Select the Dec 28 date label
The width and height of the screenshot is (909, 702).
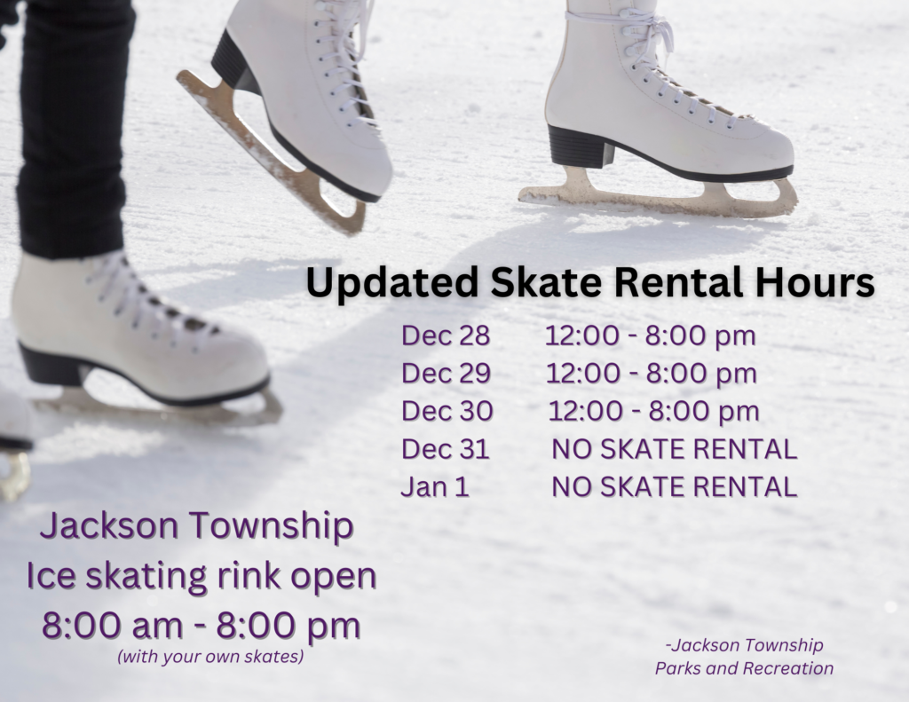pyautogui.click(x=446, y=336)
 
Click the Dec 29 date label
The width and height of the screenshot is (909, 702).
pyautogui.click(x=446, y=374)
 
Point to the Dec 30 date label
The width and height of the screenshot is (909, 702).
pyautogui.click(x=446, y=411)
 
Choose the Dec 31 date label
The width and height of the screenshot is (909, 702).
pyautogui.click(x=445, y=449)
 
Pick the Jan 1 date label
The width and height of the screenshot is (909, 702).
pyautogui.click(x=435, y=486)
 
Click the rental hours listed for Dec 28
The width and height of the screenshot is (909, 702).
pyautogui.click(x=651, y=336)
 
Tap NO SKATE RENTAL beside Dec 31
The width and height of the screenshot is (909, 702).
pyautogui.click(x=674, y=449)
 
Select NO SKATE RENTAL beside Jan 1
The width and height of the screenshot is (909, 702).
pyautogui.click(x=674, y=486)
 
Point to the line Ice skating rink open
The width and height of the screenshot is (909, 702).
pyautogui.click(x=202, y=576)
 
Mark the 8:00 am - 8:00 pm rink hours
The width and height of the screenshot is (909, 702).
pyautogui.click(x=202, y=625)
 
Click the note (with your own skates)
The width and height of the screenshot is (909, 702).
pyautogui.click(x=209, y=658)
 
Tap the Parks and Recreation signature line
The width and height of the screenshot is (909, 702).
pyautogui.click(x=744, y=668)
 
